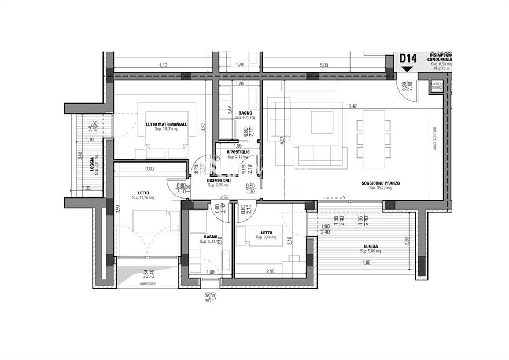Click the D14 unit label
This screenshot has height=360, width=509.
[x=408, y=58]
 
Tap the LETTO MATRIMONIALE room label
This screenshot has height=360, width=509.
[x=166, y=124]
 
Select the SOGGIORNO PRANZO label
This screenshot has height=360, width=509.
[x=381, y=183]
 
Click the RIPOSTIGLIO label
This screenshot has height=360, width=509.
[x=238, y=152]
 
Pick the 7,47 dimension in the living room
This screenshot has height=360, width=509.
[x=353, y=106]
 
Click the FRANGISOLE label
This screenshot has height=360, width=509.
[x=149, y=285]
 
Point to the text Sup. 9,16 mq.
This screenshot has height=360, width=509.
[x=267, y=237]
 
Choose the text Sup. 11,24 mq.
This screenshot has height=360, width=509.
[x=143, y=198]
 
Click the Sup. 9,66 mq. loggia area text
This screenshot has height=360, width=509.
[x=371, y=251]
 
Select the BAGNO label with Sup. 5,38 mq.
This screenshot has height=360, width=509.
[x=209, y=237]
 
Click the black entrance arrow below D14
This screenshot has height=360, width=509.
[x=407, y=69]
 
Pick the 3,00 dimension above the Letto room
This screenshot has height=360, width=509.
[x=150, y=168]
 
